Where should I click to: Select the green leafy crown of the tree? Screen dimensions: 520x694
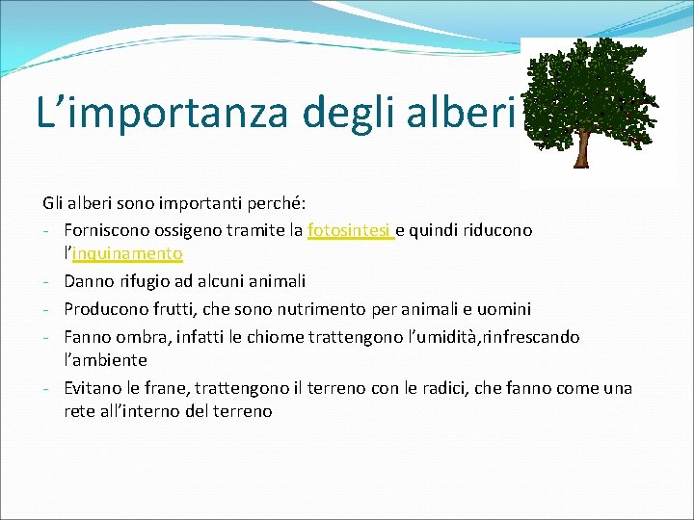[587, 87]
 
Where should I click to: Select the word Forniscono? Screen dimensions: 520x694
[104, 231]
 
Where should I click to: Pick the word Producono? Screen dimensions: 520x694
[104, 309]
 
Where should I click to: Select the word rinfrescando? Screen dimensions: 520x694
[527, 337]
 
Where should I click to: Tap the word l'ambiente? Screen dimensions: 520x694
[105, 360]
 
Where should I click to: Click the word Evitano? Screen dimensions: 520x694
[93, 388]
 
